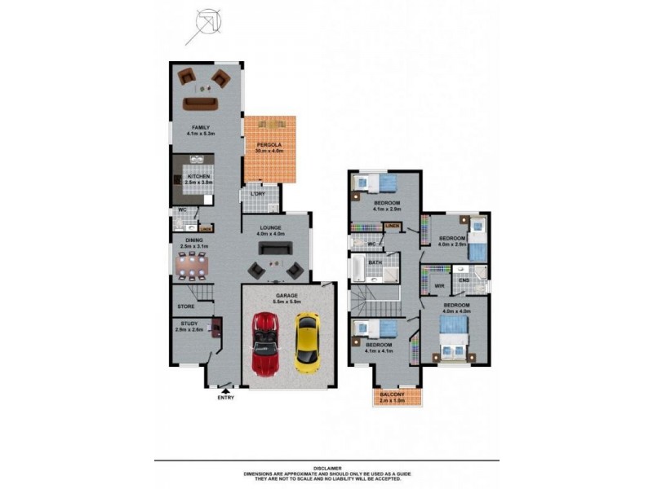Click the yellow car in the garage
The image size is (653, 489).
pyautogui.click(x=307, y=342)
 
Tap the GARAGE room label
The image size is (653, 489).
pyautogui.click(x=286, y=295)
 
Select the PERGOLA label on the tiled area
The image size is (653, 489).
pyautogui.click(x=269, y=144)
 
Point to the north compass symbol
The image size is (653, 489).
pyautogui.click(x=203, y=24)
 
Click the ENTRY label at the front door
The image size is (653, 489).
pyautogui.click(x=226, y=397)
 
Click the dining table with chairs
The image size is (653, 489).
pyautogui.click(x=193, y=264)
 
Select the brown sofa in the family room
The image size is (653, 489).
pyautogui.click(x=199, y=103)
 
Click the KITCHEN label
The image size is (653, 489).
pyautogui.click(x=199, y=176)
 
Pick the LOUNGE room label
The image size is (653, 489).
pyautogui.click(x=270, y=228)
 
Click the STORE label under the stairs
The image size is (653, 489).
pyautogui.click(x=186, y=306)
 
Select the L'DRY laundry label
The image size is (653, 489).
pyautogui.click(x=257, y=194)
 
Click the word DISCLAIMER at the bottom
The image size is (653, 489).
pyautogui.click(x=325, y=468)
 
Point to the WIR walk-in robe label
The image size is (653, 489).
pyautogui.click(x=438, y=286)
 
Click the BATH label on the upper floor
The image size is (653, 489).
pyautogui.click(x=375, y=262)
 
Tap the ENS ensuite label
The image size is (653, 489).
pyautogui.click(x=463, y=280)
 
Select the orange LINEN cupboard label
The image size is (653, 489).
pyautogui.click(x=392, y=225)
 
